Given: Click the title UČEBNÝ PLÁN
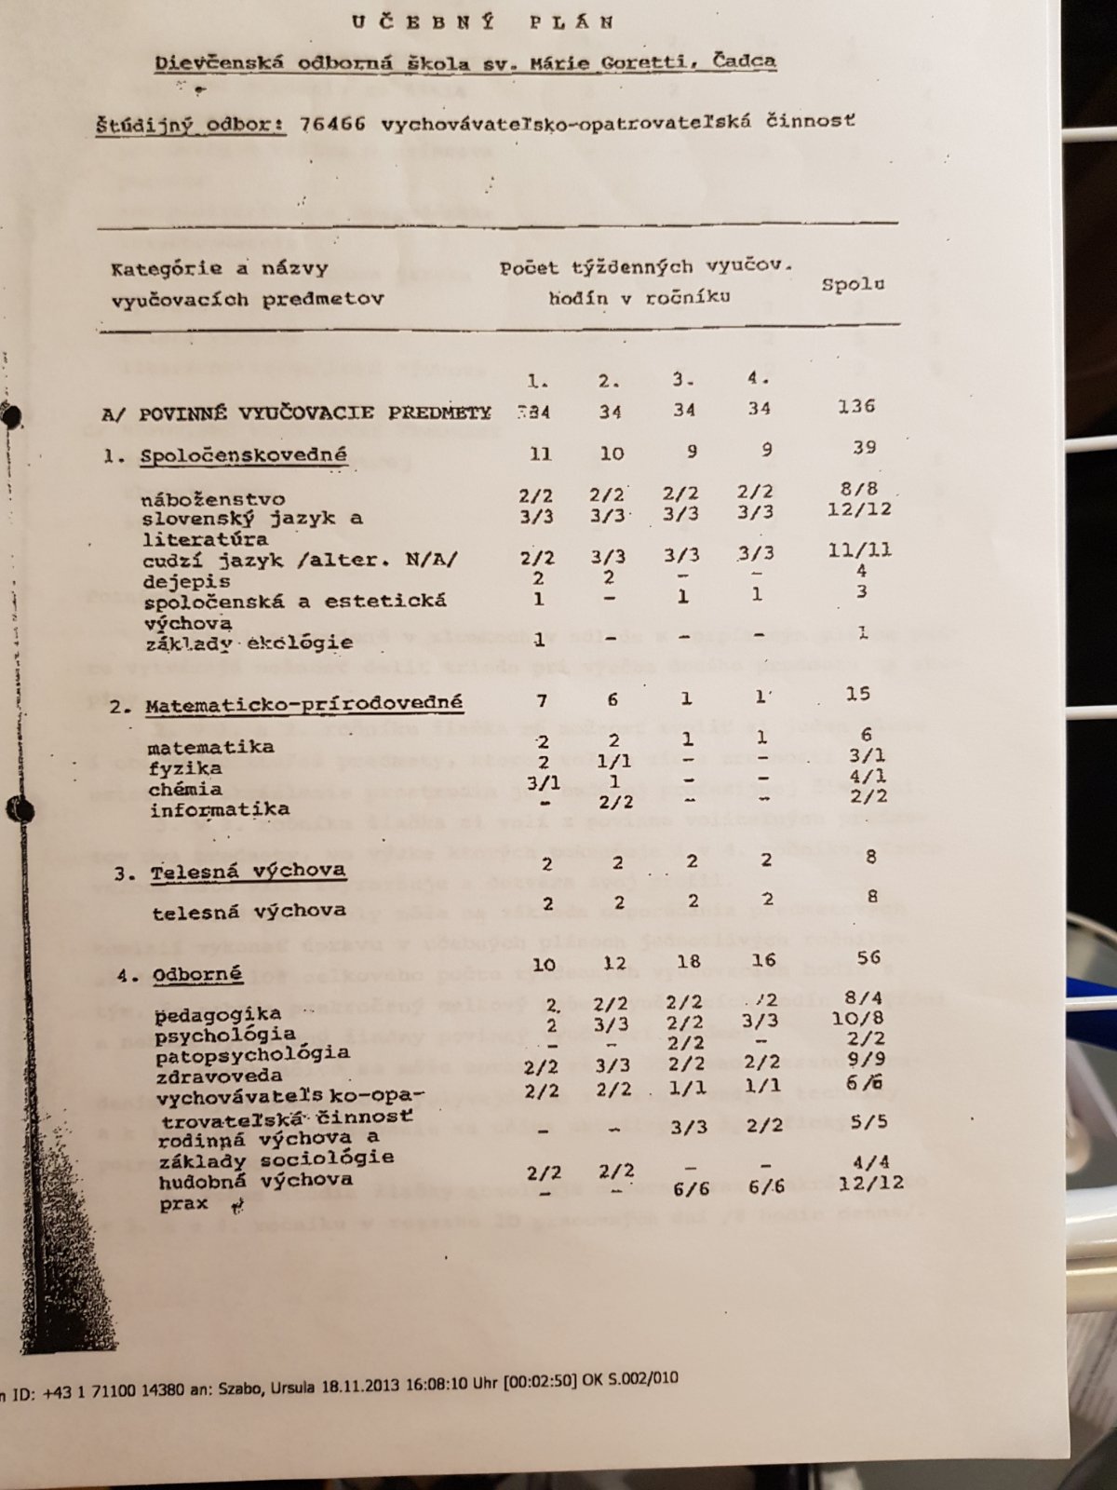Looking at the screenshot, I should pyautogui.click(x=483, y=22).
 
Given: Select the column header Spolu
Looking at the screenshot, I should pyautogui.click(x=853, y=284).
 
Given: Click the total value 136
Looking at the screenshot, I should pyautogui.click(x=855, y=406).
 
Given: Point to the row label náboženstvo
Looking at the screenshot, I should pyautogui.click(x=213, y=498).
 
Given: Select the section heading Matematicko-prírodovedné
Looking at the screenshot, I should pyautogui.click(x=303, y=705).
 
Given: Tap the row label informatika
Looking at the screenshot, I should pyautogui.click(x=220, y=809).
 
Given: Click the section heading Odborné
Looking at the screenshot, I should pyautogui.click(x=197, y=975).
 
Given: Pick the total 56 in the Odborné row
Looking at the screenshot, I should pyautogui.click(x=868, y=957).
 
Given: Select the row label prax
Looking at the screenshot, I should pyautogui.click(x=183, y=1203).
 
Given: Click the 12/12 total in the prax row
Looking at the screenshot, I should pyautogui.click(x=870, y=1182).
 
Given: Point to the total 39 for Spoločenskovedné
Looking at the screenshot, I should pyautogui.click(x=864, y=448).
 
